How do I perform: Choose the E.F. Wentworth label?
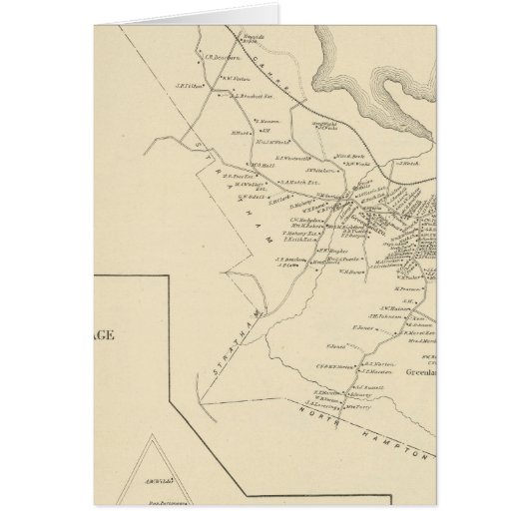tap(294, 159)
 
